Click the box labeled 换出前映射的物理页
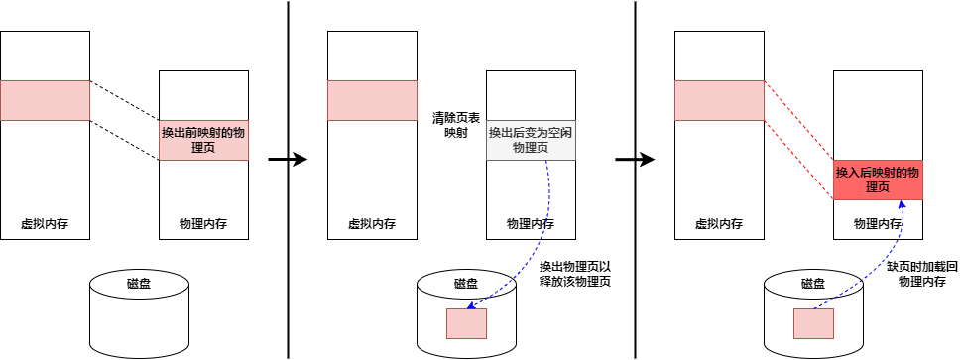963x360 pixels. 203,140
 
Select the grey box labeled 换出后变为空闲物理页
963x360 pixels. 531,140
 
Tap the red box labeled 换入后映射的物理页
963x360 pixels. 878,180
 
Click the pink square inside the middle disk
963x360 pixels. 466,323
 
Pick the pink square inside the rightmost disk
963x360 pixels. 813,323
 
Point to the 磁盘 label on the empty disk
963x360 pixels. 139,283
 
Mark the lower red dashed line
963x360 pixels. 798,159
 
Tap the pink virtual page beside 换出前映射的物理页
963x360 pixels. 45,100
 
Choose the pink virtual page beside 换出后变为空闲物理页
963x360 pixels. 372,100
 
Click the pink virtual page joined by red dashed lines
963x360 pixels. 719,100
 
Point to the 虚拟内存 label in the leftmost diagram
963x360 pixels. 45,224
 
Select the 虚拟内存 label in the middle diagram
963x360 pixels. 372,224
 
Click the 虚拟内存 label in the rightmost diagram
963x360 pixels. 719,224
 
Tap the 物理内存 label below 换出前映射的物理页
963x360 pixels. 203,224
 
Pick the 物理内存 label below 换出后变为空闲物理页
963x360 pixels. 531,224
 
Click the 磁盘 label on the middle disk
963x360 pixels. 466,283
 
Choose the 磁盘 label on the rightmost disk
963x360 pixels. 813,283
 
